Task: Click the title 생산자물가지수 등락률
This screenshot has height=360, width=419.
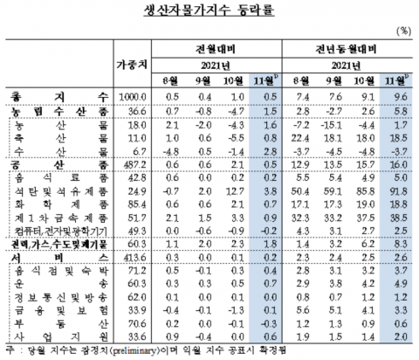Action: (209, 12)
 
